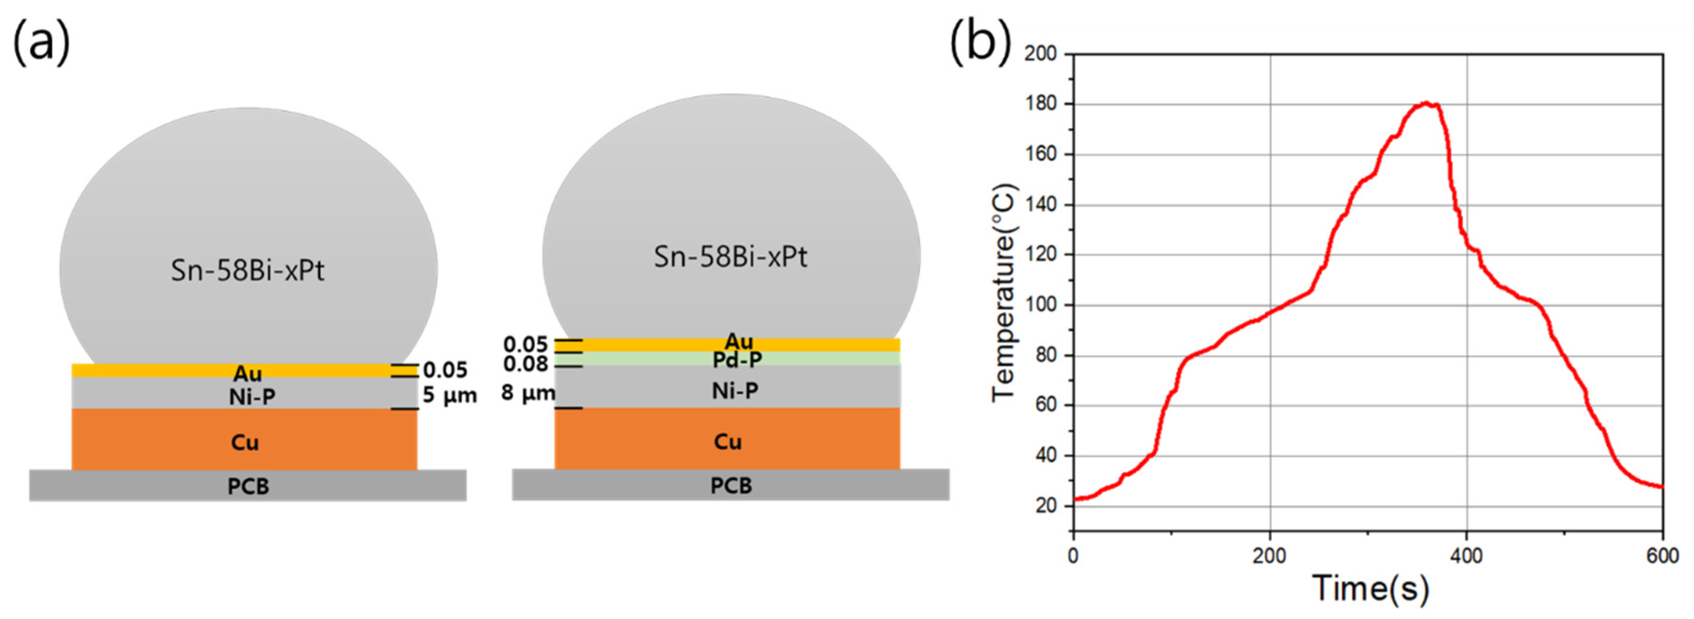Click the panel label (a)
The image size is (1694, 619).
coord(41,42)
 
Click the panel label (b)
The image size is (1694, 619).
coord(980,42)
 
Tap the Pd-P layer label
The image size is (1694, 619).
coord(737,360)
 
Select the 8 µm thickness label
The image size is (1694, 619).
coord(527,393)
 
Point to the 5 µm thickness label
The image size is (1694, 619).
coord(450,395)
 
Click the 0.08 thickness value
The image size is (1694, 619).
coord(526,363)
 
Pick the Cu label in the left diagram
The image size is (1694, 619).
coord(244,442)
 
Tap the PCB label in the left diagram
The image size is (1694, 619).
coord(248,486)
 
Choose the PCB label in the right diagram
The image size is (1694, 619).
coord(730,486)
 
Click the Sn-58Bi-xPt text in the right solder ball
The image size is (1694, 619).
coord(730,256)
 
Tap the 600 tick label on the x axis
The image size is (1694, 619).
coord(1662,556)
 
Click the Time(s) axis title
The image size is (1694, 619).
coord(1370,587)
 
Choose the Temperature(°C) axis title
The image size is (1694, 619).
coord(1004,292)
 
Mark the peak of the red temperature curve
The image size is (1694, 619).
coord(1425,103)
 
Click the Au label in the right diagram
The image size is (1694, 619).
coord(738,342)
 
